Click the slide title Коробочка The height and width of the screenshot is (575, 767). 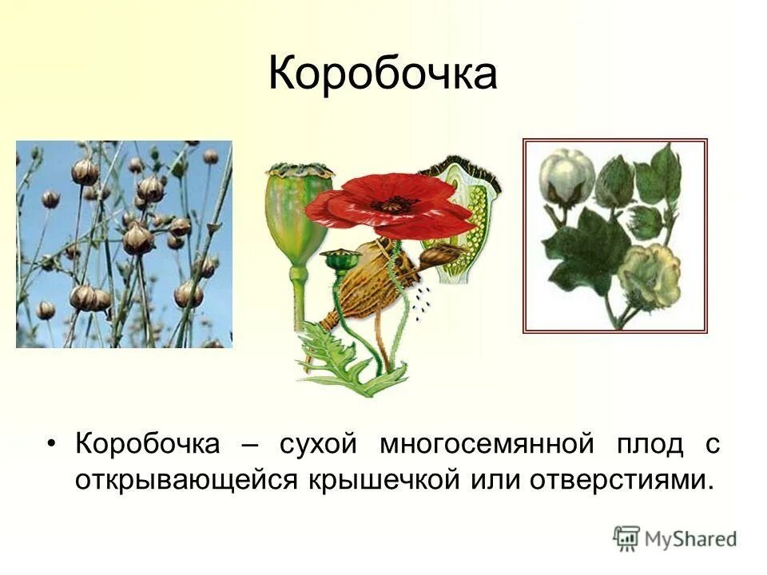pos(383,74)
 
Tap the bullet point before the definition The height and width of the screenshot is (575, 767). pos(54,445)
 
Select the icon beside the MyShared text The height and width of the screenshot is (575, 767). pos(626,537)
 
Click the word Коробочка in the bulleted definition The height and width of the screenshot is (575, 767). pos(146,444)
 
